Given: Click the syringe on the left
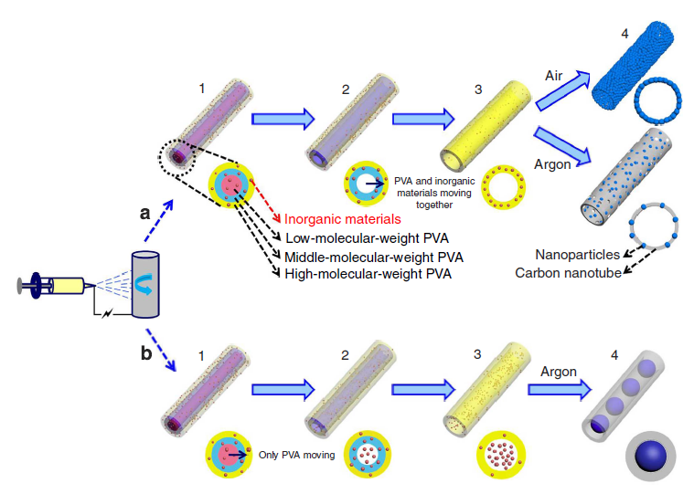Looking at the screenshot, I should (54, 284).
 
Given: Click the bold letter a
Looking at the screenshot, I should (144, 213).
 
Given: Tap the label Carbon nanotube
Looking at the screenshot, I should (567, 272).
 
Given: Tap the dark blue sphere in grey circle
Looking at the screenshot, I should (651, 457).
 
